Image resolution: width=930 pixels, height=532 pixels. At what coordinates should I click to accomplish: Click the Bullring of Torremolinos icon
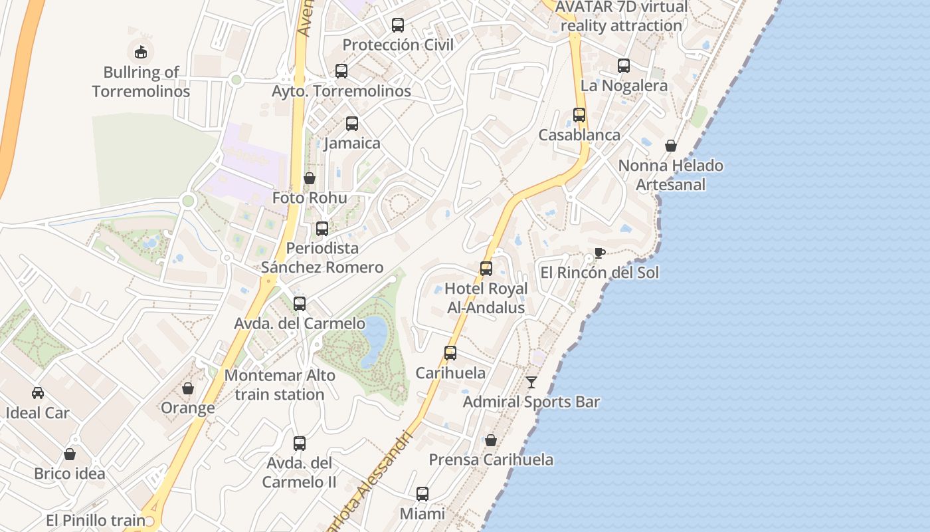click(x=140, y=51)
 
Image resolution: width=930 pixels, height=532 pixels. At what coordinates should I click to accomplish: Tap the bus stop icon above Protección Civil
click(x=397, y=25)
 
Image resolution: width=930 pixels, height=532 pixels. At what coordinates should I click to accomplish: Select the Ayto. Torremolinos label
click(x=341, y=91)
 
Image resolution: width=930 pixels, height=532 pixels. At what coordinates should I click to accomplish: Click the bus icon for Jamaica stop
click(x=351, y=124)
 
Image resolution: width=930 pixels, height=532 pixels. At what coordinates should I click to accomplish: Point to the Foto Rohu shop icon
click(x=310, y=178)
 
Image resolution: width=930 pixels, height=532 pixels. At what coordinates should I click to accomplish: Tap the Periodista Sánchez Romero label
click(x=322, y=257)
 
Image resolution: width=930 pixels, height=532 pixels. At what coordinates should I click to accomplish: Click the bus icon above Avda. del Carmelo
click(x=300, y=304)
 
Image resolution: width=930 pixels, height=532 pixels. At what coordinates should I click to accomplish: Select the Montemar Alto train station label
click(x=280, y=384)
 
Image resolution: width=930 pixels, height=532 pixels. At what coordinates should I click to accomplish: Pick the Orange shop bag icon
click(x=188, y=388)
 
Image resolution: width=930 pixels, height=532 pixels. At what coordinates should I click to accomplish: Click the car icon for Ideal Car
click(x=38, y=393)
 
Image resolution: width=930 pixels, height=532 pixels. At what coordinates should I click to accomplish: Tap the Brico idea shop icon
click(x=70, y=454)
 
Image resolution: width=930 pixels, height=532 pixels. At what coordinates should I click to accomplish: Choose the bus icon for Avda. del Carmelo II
click(x=300, y=443)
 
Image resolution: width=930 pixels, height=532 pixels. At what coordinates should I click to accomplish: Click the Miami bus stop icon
click(x=422, y=494)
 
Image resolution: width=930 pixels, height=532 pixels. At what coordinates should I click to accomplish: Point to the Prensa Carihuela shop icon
click(x=490, y=440)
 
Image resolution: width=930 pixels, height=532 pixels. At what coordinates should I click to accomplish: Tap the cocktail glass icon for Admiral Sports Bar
click(x=531, y=382)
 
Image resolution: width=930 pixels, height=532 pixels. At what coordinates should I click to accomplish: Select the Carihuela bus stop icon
click(x=450, y=353)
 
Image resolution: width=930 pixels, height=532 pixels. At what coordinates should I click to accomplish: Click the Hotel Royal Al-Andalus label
click(x=486, y=298)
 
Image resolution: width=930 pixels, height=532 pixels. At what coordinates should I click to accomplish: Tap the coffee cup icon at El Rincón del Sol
click(x=599, y=253)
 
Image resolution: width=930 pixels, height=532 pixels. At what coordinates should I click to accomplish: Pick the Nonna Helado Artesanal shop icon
click(x=671, y=146)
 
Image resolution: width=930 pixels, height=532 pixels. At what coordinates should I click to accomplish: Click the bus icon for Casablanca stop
click(x=579, y=115)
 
